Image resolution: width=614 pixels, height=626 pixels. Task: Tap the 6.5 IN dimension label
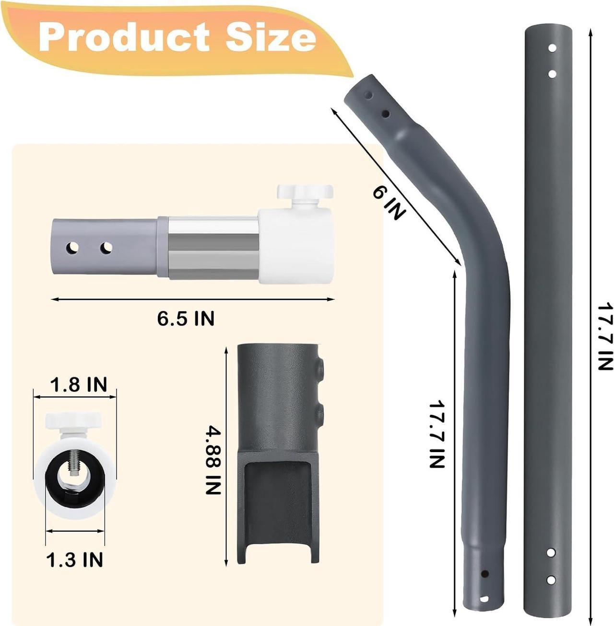pyautogui.click(x=186, y=318)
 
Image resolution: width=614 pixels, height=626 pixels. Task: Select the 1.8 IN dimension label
pyautogui.click(x=78, y=384)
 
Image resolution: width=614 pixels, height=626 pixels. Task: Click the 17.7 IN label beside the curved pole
pyautogui.click(x=437, y=433)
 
